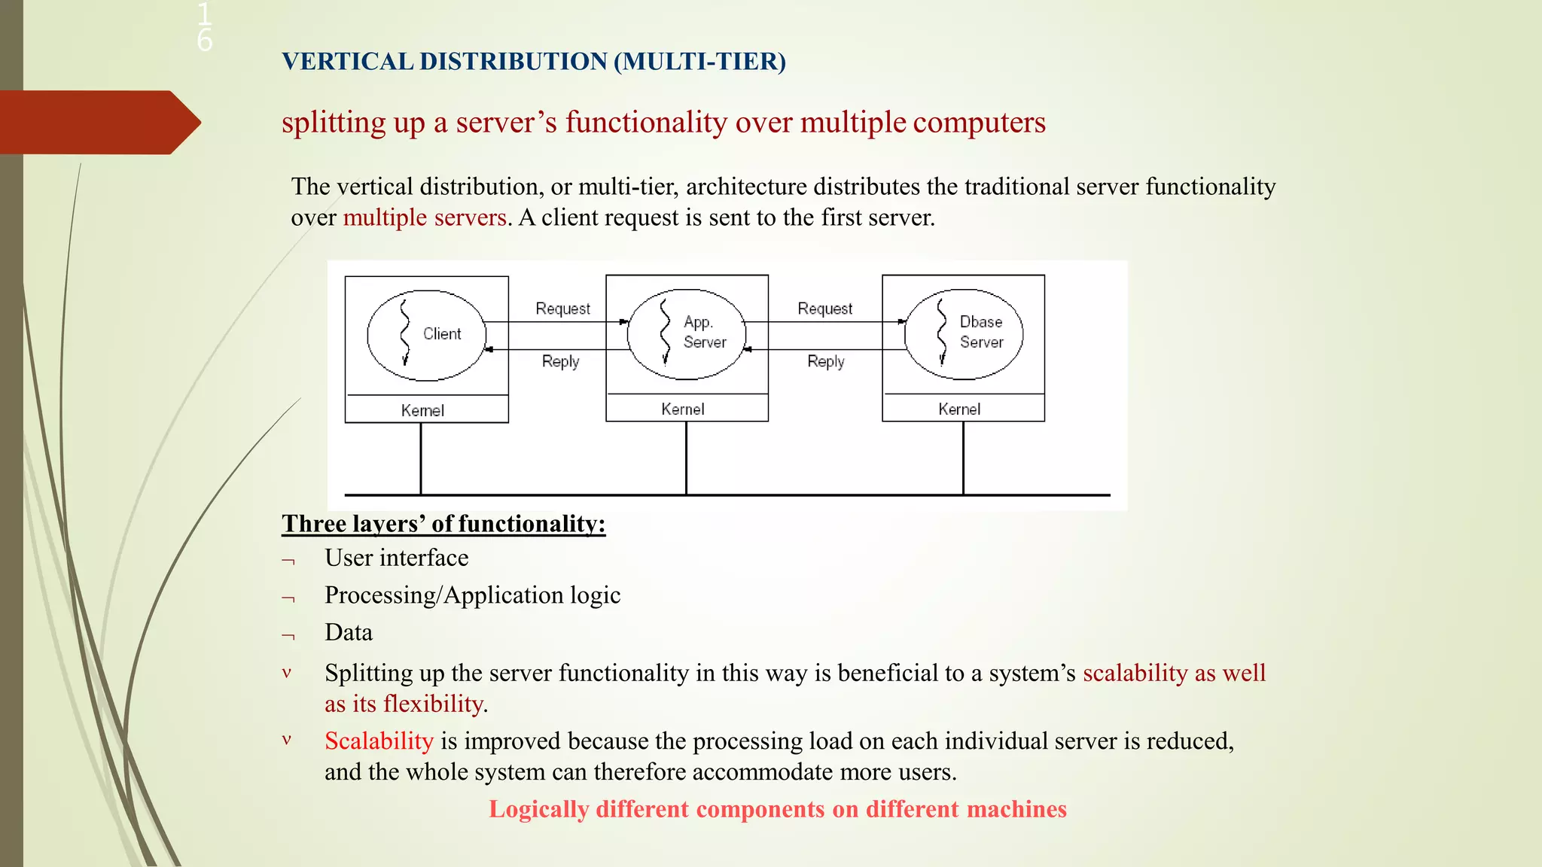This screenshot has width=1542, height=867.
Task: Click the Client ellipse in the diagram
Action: tap(426, 335)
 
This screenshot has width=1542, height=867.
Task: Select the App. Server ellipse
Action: tap(687, 333)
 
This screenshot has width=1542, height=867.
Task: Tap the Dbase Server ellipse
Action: tap(964, 333)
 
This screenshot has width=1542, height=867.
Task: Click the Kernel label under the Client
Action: tap(422, 410)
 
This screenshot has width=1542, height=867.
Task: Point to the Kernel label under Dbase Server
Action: tap(959, 409)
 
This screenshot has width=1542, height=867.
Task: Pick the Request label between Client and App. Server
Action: tap(562, 309)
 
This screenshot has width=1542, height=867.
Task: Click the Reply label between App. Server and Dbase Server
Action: tap(826, 361)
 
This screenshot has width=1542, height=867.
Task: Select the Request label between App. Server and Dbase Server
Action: tap(824, 309)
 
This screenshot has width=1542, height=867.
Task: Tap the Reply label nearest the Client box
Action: tap(560, 361)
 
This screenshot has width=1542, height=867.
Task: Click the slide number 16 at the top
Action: tap(204, 27)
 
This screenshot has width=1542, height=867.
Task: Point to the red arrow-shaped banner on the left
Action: tap(98, 122)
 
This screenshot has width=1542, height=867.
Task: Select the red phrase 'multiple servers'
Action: tap(425, 218)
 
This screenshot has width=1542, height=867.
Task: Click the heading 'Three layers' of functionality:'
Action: tap(443, 523)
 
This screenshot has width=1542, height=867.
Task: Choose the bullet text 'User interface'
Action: tap(396, 558)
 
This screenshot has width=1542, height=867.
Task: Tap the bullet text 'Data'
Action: tap(349, 632)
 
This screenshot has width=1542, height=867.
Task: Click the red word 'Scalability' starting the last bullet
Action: tap(379, 741)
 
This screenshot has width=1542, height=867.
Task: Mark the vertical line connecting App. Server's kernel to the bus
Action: tap(686, 459)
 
